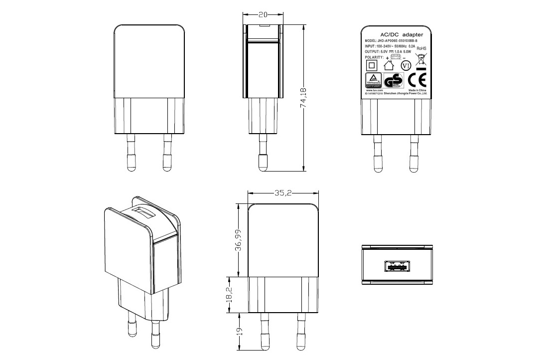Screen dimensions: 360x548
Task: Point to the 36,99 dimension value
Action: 238,240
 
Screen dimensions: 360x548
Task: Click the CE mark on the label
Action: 416,80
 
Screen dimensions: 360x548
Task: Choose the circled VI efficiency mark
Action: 406,65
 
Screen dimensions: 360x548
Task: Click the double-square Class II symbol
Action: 371,65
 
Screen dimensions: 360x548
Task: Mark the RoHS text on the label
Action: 421,48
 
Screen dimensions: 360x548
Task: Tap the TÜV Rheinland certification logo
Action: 374,80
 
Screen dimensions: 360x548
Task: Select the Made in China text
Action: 417,90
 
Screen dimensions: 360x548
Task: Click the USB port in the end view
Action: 397,266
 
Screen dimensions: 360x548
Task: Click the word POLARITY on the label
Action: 374,57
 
